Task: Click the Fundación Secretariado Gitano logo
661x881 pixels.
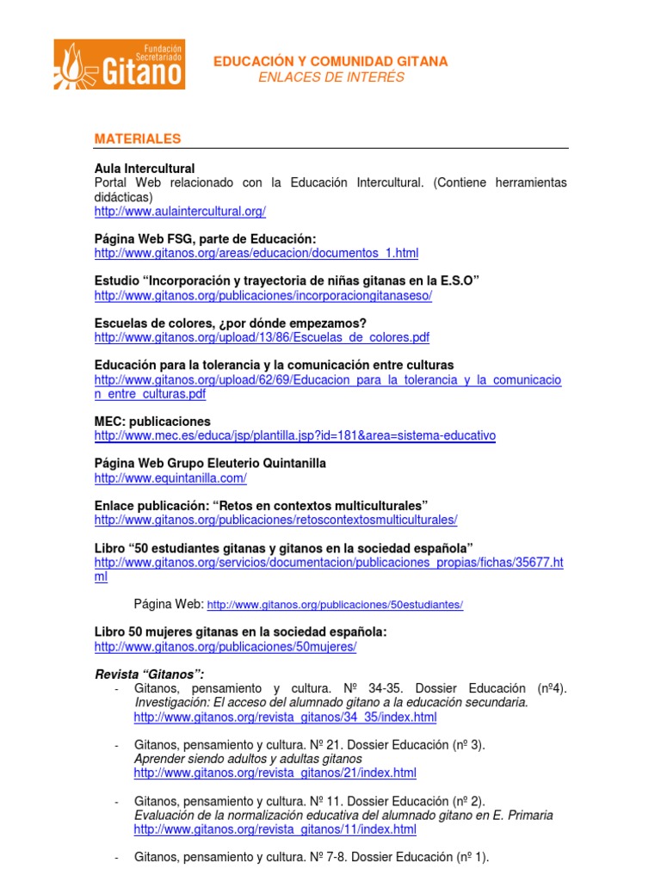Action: pyautogui.click(x=119, y=64)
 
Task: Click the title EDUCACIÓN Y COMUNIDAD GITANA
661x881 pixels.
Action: pyautogui.click(x=330, y=62)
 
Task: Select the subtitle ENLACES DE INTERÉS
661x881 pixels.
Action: pyautogui.click(x=330, y=77)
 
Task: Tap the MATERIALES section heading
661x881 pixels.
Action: pyautogui.click(x=138, y=139)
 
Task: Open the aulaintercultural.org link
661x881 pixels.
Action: pyautogui.click(x=180, y=211)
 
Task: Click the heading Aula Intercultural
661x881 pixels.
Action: pyautogui.click(x=145, y=169)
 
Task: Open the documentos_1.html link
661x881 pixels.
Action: pyautogui.click(x=256, y=253)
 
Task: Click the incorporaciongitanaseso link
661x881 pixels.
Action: pyautogui.click(x=263, y=295)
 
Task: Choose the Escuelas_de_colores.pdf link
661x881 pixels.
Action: pyautogui.click(x=262, y=337)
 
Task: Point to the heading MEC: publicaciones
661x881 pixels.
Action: pyautogui.click(x=152, y=422)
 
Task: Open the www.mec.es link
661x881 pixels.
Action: pyautogui.click(x=295, y=436)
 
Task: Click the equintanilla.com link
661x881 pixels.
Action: pyautogui.click(x=170, y=478)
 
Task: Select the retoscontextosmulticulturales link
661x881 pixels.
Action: pyautogui.click(x=275, y=520)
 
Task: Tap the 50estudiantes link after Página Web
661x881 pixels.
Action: pyautogui.click(x=336, y=605)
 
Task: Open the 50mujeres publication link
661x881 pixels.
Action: pyautogui.click(x=225, y=646)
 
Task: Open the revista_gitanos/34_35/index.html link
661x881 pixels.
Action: pyautogui.click(x=285, y=717)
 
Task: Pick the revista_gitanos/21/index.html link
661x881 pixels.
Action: pyautogui.click(x=275, y=773)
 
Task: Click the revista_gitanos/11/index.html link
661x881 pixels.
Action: pyautogui.click(x=275, y=829)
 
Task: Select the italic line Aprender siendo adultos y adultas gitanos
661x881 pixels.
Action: pyautogui.click(x=248, y=759)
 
